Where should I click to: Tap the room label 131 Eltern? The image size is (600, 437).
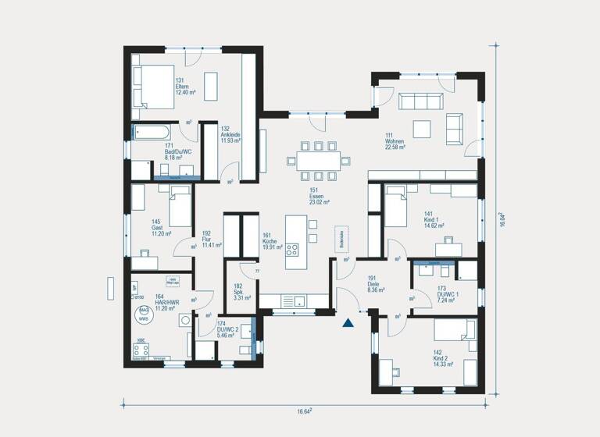click(184, 86)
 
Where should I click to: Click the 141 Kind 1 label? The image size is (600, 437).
click(434, 218)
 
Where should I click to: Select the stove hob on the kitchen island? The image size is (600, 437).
click(293, 250)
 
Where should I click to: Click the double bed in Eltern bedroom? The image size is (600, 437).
click(153, 86)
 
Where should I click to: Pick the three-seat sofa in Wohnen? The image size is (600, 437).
click(421, 101)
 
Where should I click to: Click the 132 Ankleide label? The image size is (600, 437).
click(230, 134)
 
